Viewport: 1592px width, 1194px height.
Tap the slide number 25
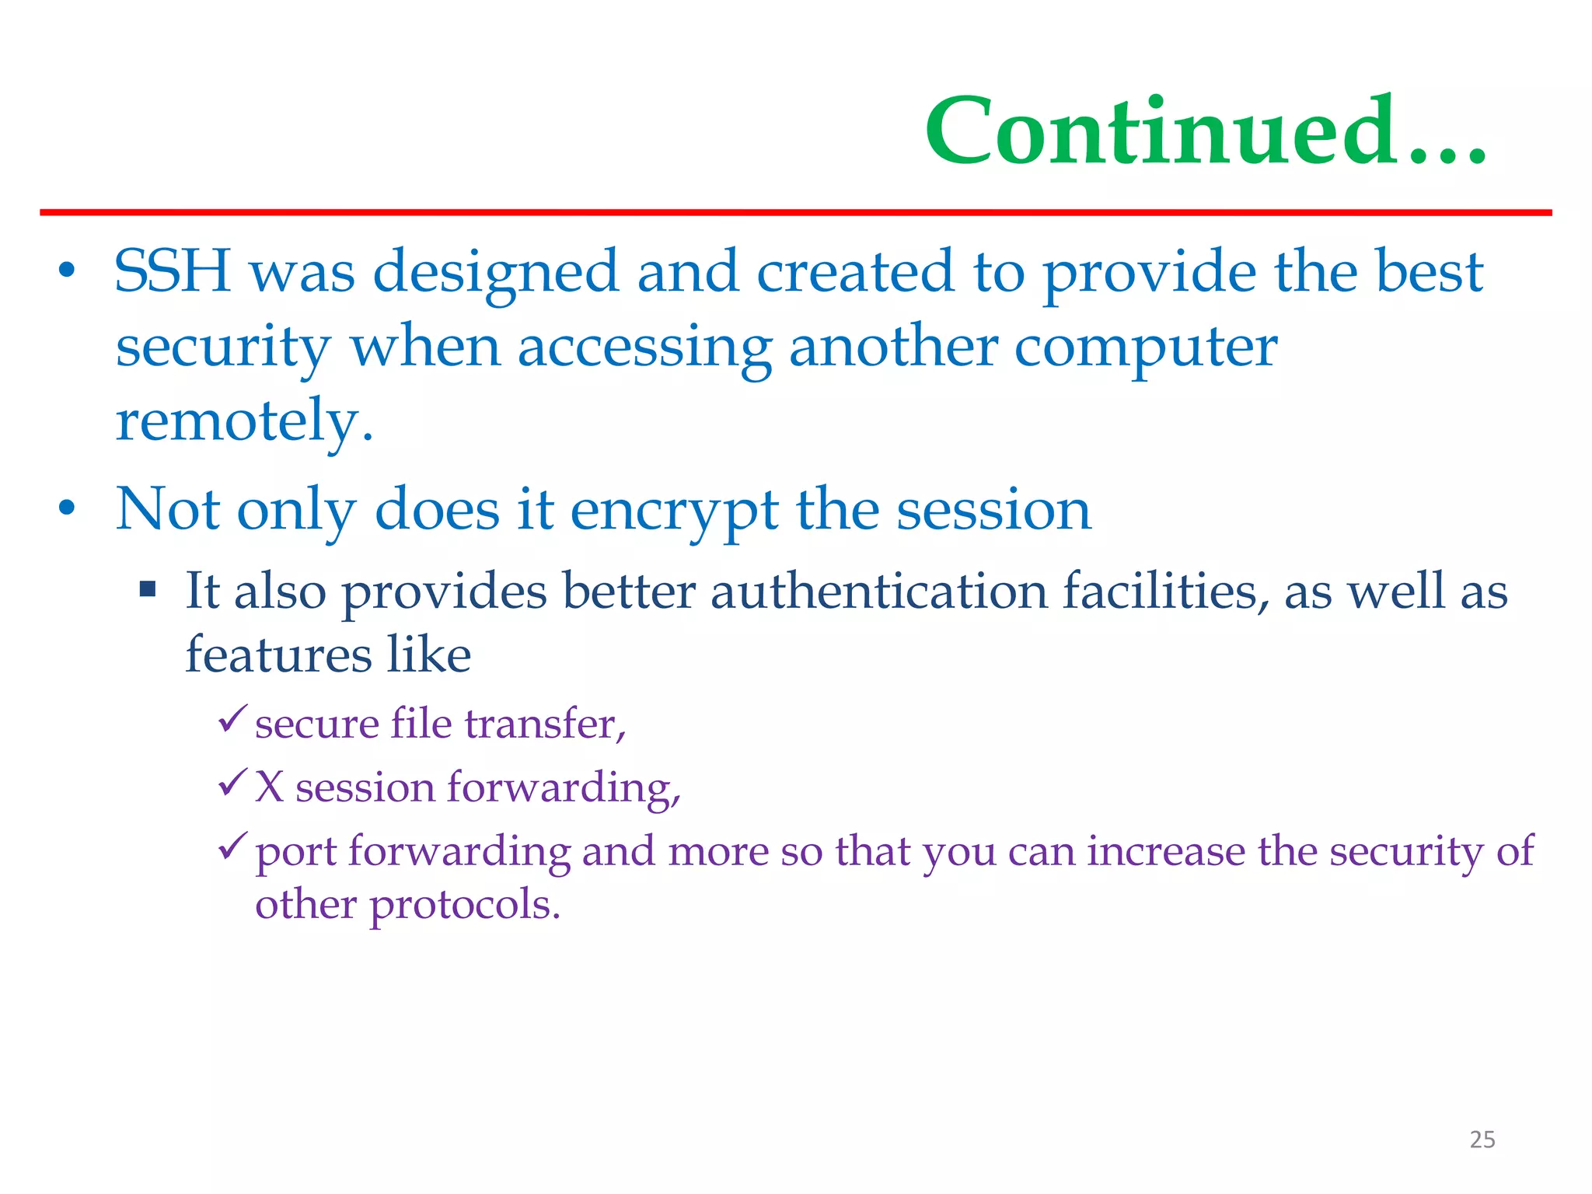click(x=1482, y=1140)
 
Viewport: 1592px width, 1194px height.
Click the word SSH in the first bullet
click(x=173, y=271)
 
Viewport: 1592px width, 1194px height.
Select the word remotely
click(x=244, y=421)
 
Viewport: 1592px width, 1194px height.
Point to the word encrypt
click(x=674, y=511)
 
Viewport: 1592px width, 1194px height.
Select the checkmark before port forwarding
click(x=232, y=845)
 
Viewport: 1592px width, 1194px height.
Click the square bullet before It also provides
click(x=148, y=589)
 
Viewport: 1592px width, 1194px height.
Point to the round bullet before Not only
click(x=68, y=508)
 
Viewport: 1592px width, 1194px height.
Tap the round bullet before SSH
click(x=68, y=271)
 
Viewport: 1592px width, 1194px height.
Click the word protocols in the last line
click(x=464, y=905)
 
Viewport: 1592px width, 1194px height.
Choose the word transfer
click(x=545, y=724)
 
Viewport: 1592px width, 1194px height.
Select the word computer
click(x=1145, y=347)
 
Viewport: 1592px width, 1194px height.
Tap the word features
click(x=278, y=655)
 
